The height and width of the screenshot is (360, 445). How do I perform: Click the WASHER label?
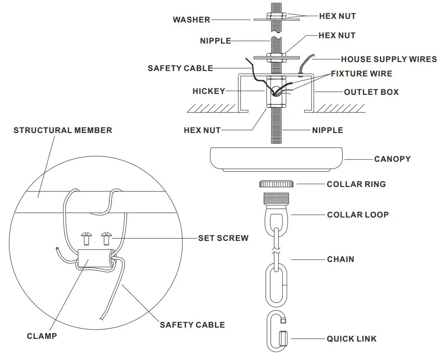pyautogui.click(x=191, y=20)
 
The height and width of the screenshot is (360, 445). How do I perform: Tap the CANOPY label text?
pyautogui.click(x=392, y=159)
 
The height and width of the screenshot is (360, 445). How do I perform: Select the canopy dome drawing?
pyautogui.click(x=276, y=159)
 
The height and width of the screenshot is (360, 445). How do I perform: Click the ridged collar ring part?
pyautogui.click(x=276, y=183)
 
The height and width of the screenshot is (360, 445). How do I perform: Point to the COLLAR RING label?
pyautogui.click(x=356, y=184)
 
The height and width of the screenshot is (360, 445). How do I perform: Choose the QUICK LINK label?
pyautogui.click(x=352, y=339)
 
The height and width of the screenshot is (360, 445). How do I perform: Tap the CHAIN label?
pyautogui.click(x=340, y=259)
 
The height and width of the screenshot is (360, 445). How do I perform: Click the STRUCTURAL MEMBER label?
pyautogui.click(x=63, y=130)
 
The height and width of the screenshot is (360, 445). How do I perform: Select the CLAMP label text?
pyautogui.click(x=42, y=336)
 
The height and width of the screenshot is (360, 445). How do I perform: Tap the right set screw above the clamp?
pyautogui.click(x=106, y=238)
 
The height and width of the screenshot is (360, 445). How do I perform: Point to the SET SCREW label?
pyautogui.click(x=223, y=238)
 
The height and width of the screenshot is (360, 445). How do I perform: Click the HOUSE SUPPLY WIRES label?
pyautogui.click(x=388, y=59)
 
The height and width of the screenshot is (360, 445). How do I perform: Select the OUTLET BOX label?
pyautogui.click(x=371, y=92)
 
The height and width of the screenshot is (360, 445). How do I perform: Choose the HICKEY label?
pyautogui.click(x=209, y=91)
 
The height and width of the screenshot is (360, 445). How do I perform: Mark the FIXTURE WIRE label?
pyautogui.click(x=361, y=74)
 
